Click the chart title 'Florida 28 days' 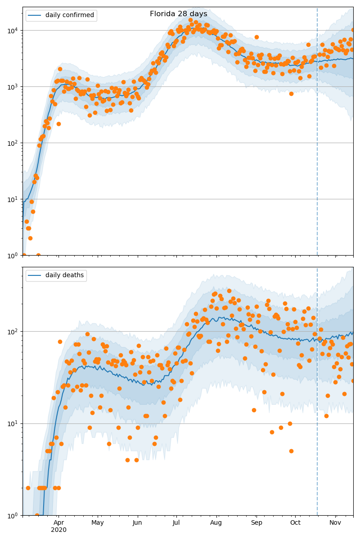(x=179, y=14)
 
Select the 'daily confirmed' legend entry (x=69, y=15)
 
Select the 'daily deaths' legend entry (x=64, y=275)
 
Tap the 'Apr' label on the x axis (x=58, y=522)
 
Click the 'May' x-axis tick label (x=98, y=522)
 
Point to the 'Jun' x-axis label (x=137, y=522)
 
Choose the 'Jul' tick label (x=176, y=522)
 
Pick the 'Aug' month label (x=216, y=522)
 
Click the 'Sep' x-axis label (x=256, y=522)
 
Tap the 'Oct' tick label (x=295, y=522)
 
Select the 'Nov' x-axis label (x=335, y=522)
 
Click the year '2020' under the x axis (x=58, y=530)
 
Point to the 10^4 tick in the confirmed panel (x=12, y=31)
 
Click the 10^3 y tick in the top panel (x=12, y=86)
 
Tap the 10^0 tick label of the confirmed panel (x=12, y=255)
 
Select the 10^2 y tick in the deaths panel (x=12, y=332)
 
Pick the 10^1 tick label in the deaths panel (x=12, y=423)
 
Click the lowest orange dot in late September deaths (x=291, y=451)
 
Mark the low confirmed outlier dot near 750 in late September (x=291, y=94)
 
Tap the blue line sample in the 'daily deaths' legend (x=35, y=275)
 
